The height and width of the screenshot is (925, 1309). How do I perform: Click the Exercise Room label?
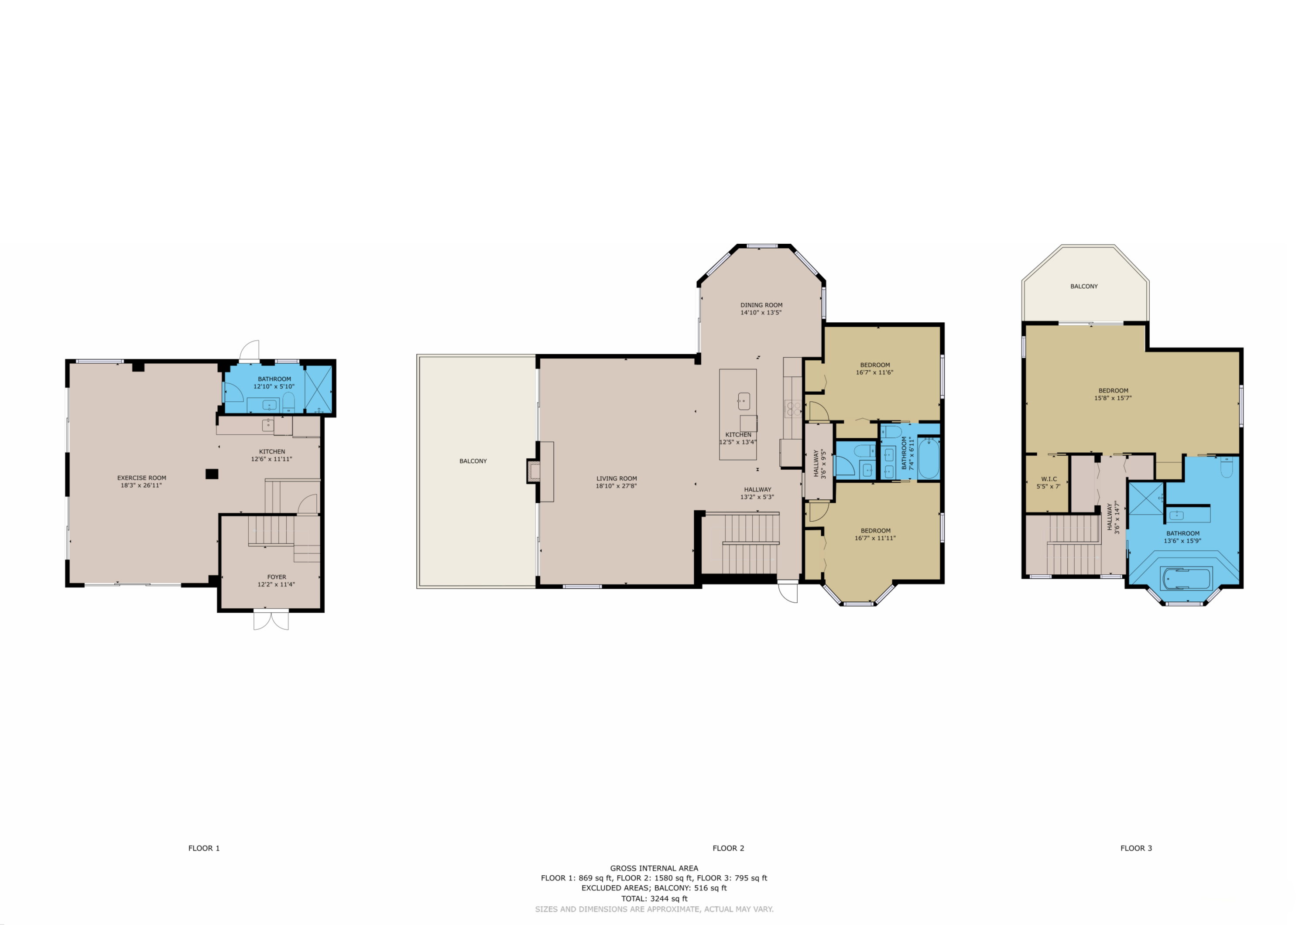(x=141, y=478)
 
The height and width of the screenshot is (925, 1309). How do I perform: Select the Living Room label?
(x=616, y=479)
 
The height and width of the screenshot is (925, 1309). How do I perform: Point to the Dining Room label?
(x=761, y=305)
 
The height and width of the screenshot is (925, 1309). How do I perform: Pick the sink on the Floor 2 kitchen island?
(x=744, y=401)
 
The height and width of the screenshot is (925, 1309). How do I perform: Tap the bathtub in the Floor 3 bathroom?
(x=1186, y=578)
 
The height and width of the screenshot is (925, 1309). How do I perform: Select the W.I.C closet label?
(x=1049, y=479)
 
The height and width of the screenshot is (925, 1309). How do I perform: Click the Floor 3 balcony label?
(x=1084, y=286)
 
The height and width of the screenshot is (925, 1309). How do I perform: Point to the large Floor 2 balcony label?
(x=473, y=461)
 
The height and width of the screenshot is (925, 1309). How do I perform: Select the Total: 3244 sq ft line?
(x=654, y=899)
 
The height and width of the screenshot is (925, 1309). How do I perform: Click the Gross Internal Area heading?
(x=654, y=868)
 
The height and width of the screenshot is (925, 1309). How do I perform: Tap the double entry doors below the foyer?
(x=271, y=621)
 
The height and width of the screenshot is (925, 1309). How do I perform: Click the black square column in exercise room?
(x=212, y=474)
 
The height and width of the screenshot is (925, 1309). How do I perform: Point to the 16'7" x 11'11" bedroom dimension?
(x=875, y=538)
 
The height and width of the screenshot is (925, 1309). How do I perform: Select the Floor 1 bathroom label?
(x=274, y=379)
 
